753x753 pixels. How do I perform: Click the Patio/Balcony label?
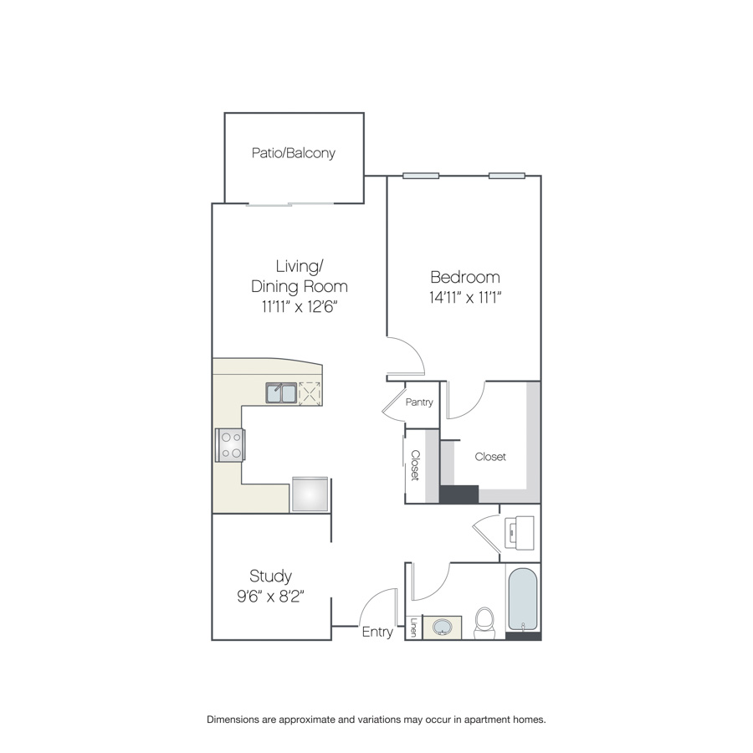[294, 153]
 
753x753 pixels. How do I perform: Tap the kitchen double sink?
[281, 393]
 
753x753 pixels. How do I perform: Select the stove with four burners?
[230, 445]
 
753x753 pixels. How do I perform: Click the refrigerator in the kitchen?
[310, 494]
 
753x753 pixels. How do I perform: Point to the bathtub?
[522, 600]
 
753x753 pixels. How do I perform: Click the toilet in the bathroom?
[484, 622]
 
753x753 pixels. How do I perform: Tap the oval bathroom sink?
[442, 627]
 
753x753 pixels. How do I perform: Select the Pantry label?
[419, 402]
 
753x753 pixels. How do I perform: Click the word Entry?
[377, 632]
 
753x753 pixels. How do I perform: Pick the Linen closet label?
[413, 627]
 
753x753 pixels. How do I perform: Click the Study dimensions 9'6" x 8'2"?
[271, 597]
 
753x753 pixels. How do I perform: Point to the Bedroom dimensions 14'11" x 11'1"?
[465, 298]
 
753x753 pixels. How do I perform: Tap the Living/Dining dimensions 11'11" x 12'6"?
[300, 306]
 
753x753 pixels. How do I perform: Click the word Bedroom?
[465, 277]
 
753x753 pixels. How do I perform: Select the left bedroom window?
[421, 176]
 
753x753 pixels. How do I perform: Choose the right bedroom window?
[507, 176]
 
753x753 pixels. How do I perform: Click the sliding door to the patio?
[290, 205]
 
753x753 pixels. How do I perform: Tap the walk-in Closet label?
[490, 457]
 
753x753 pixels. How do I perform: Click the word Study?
[271, 576]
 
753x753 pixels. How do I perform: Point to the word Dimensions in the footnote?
[233, 720]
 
